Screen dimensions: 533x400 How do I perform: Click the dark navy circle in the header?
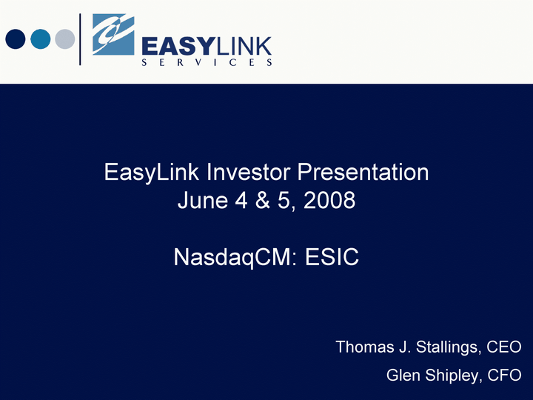point(16,39)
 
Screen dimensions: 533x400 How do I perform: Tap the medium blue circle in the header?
point(41,39)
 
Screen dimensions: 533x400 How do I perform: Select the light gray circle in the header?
point(65,39)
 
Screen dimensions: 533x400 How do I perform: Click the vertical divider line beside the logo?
point(80,39)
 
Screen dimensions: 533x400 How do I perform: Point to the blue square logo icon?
point(113,34)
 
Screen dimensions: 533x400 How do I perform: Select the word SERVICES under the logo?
point(207,62)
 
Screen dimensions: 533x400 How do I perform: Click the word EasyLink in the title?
point(152,173)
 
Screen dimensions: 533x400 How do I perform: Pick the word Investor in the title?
point(248,172)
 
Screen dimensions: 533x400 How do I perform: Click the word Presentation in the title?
point(363,172)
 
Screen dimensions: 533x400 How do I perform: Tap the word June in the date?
point(203,200)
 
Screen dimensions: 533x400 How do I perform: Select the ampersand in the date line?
point(262,200)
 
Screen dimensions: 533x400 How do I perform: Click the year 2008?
point(329,200)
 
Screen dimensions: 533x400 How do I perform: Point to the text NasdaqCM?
point(232,258)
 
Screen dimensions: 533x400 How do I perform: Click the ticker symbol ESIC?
point(332,257)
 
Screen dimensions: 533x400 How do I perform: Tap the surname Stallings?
point(449,347)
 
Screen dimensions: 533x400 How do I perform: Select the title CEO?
point(504,347)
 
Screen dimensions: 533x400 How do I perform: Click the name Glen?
point(403,375)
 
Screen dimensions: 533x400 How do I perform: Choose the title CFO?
point(504,375)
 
